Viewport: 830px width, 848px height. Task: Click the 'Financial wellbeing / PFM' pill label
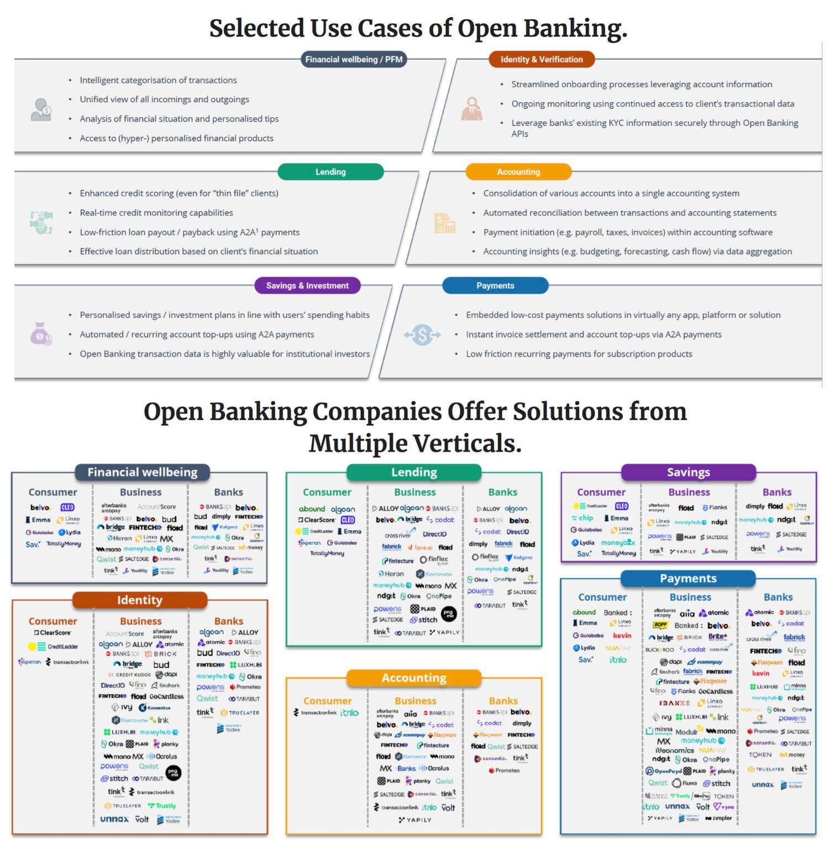[354, 59]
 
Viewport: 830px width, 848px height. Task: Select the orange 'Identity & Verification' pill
[541, 59]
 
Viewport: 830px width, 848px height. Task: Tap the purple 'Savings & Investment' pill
[307, 285]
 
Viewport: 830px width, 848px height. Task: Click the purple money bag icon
[41, 334]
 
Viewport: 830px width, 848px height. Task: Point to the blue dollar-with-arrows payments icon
[422, 335]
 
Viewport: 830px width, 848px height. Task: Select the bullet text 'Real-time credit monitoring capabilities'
[156, 213]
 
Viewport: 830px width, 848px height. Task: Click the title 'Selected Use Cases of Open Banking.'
[418, 28]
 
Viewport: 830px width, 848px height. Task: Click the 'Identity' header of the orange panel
[139, 600]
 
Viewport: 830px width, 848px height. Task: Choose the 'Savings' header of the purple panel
[688, 472]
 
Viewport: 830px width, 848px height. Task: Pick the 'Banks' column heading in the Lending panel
[502, 492]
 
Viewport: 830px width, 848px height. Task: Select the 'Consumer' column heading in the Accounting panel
[327, 701]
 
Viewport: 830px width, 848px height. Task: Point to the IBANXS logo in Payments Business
[674, 703]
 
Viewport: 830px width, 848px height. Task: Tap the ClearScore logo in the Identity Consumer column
[53, 633]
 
